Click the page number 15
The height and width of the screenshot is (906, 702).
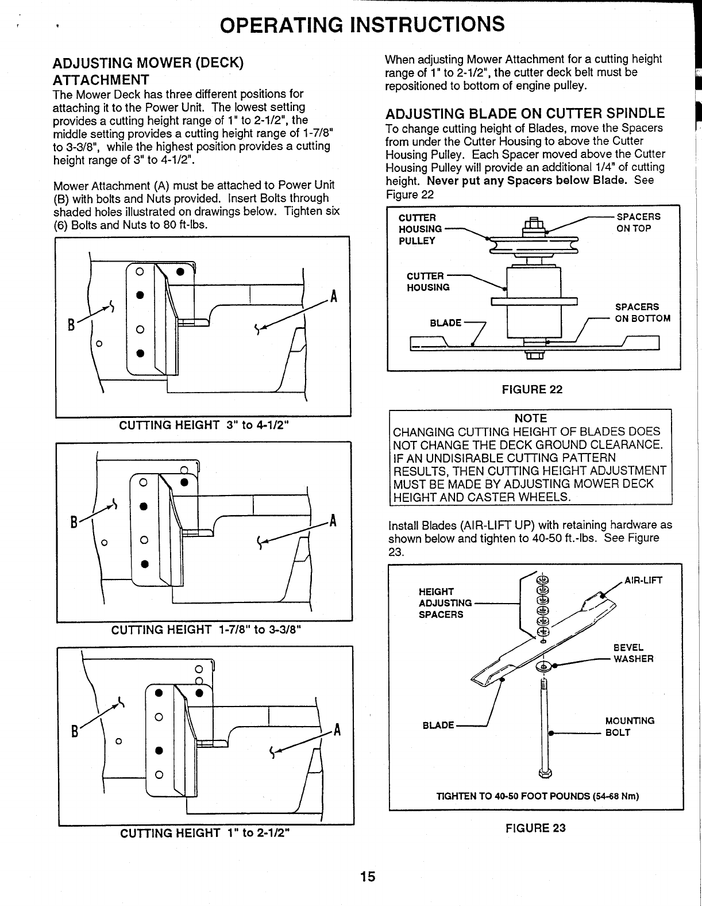pos(368,876)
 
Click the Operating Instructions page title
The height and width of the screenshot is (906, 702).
pos(363,25)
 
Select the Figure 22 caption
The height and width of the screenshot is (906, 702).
pos(532,390)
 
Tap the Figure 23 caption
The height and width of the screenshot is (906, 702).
pos(535,828)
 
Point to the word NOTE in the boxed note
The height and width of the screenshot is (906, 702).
pos(530,419)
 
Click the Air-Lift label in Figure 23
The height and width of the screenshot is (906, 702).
pos(643,580)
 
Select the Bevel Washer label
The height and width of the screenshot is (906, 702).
pos(633,652)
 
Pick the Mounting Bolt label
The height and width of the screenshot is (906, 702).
pos(630,727)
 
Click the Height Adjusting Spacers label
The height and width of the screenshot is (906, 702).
pos(441,602)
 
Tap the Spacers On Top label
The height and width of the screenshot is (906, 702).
pos(638,222)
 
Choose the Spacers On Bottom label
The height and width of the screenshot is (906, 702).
pos(642,313)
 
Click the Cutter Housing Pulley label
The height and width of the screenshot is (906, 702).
pos(421,229)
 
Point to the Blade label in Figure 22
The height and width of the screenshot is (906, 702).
pos(446,323)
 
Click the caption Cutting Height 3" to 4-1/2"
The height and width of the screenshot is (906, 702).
pos(203,425)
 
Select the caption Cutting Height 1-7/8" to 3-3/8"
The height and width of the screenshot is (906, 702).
pos(207,629)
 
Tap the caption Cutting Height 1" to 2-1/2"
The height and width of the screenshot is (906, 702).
pos(204,833)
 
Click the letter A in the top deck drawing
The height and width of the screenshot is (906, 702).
pos(334,298)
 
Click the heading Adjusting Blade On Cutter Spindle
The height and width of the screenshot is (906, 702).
pos(525,113)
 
